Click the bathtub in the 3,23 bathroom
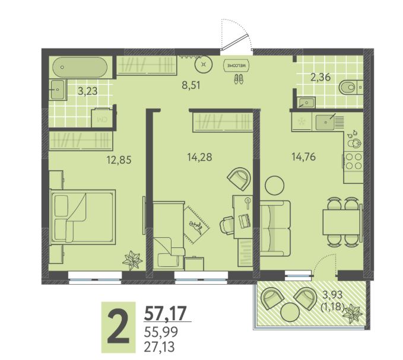click(80, 67)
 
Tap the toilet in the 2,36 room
click(351, 88)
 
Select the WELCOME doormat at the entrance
click(237, 65)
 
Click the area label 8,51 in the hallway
click(191, 85)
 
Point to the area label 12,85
click(119, 160)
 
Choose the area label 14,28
click(199, 157)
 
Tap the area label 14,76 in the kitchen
click(303, 157)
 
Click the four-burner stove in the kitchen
click(353, 161)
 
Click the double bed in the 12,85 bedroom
click(82, 217)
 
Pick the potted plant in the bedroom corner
click(132, 260)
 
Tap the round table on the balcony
click(290, 312)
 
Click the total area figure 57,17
click(165, 313)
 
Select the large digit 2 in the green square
click(118, 326)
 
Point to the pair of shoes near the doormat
click(239, 78)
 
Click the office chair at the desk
click(227, 225)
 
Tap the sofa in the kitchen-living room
click(275, 228)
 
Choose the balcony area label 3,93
click(332, 295)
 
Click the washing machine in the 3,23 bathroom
click(101, 117)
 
